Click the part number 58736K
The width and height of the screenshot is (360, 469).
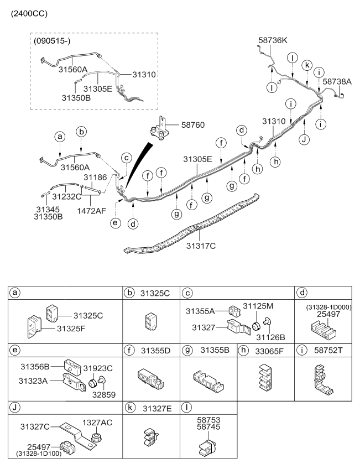(x=274, y=40)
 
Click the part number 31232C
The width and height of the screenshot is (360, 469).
(x=66, y=195)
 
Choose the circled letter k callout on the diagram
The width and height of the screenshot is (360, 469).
(x=306, y=65)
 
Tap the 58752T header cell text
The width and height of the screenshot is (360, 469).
(x=328, y=351)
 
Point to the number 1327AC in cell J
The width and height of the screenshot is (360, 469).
(x=97, y=422)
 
